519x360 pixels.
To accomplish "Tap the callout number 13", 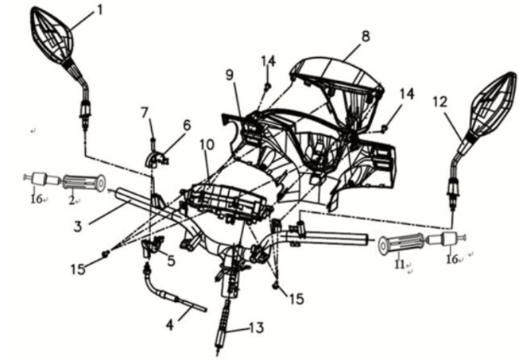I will point(254,326).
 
